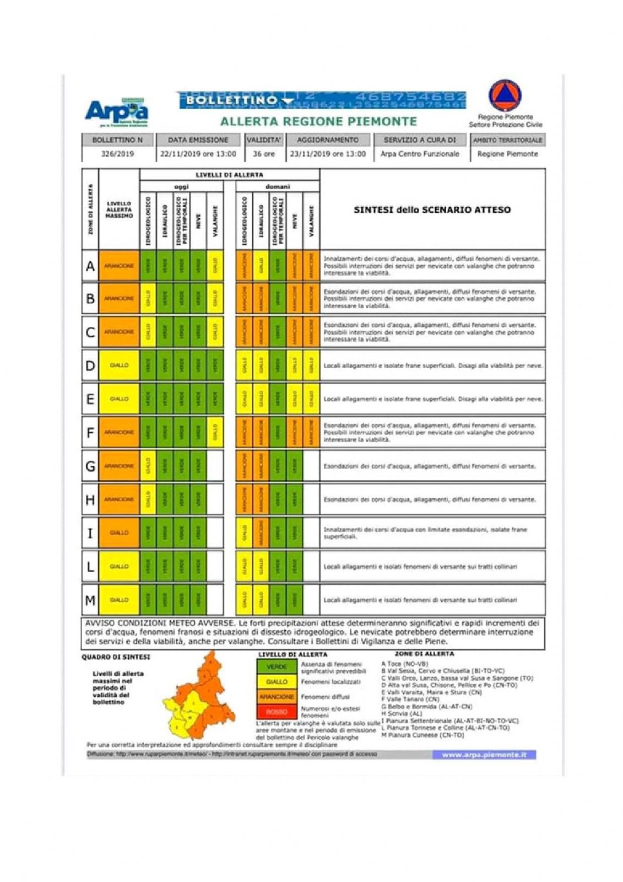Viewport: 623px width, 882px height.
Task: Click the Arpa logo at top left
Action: [x=116, y=111]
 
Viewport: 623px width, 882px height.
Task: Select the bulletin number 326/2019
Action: [x=117, y=154]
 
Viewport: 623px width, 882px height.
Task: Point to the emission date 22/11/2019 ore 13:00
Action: [x=198, y=154]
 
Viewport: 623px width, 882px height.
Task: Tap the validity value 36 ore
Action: [x=263, y=154]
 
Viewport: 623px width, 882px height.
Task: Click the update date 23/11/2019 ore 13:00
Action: [x=328, y=154]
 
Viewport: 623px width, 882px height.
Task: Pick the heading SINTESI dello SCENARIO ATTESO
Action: [x=432, y=209]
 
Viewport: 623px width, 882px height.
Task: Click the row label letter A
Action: [x=90, y=266]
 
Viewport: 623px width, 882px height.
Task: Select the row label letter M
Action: [x=90, y=600]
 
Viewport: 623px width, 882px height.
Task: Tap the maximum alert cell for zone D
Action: [x=119, y=365]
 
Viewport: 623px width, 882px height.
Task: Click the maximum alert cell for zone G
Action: [x=119, y=466]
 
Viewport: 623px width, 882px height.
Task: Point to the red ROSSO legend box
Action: [x=277, y=712]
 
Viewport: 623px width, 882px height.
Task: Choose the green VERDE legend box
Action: [x=277, y=666]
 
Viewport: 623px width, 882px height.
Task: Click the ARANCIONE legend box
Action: [x=277, y=697]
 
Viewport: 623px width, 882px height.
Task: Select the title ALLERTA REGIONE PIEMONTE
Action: [x=318, y=121]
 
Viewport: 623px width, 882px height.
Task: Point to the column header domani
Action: [x=278, y=187]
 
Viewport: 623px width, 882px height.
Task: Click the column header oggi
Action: [x=181, y=187]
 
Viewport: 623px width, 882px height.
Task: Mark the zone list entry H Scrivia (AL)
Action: [x=402, y=713]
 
